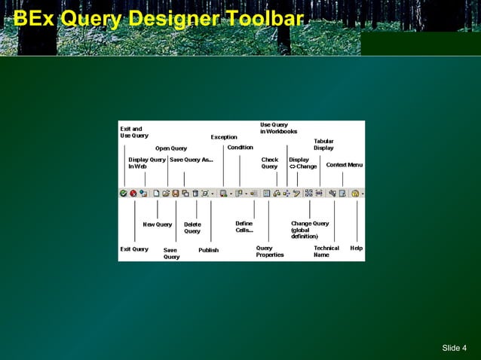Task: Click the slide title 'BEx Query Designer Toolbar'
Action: pyautogui.click(x=153, y=19)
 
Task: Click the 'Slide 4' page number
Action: pyautogui.click(x=454, y=347)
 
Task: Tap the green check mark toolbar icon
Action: pyautogui.click(x=124, y=194)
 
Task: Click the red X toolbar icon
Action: pyautogui.click(x=133, y=194)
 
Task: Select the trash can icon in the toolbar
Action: pyautogui.click(x=195, y=194)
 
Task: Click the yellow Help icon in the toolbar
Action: pyautogui.click(x=355, y=194)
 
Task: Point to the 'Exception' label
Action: pyautogui.click(x=224, y=137)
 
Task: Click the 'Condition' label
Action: pyautogui.click(x=240, y=148)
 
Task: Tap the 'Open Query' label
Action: pyautogui.click(x=171, y=148)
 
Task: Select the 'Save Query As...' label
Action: pyautogui.click(x=191, y=160)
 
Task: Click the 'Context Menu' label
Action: pyautogui.click(x=344, y=165)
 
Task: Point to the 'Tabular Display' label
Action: pyautogui.click(x=323, y=145)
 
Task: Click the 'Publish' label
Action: pyautogui.click(x=209, y=250)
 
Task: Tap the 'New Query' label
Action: pyautogui.click(x=158, y=224)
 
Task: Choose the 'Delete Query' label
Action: pyautogui.click(x=192, y=227)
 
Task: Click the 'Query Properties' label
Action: pyautogui.click(x=270, y=252)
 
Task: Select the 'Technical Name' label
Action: pyautogui.click(x=326, y=252)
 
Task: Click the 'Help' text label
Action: pyautogui.click(x=357, y=248)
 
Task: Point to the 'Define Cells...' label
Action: pyautogui.click(x=244, y=227)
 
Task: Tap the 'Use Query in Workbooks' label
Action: pyautogui.click(x=278, y=128)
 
